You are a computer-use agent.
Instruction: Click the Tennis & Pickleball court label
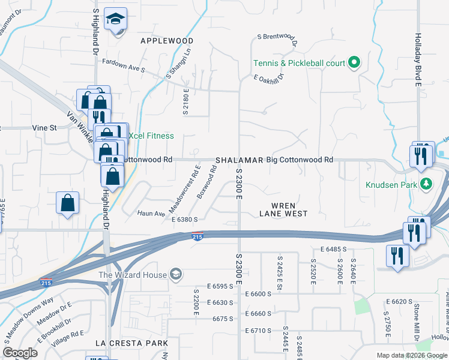point(299,63)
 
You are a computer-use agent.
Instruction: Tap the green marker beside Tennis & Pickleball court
point(354,62)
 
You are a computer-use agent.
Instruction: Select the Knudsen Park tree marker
point(426,184)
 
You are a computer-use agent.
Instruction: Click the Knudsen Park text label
point(391,185)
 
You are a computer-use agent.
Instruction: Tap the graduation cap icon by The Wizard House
point(176,275)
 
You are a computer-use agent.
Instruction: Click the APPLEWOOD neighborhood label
point(167,41)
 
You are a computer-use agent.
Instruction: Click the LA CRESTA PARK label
point(131,343)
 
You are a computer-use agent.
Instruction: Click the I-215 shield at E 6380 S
point(197,237)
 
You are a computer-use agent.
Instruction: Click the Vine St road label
point(44,128)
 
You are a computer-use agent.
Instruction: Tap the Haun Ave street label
point(151,213)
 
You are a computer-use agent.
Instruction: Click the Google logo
point(20,353)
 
